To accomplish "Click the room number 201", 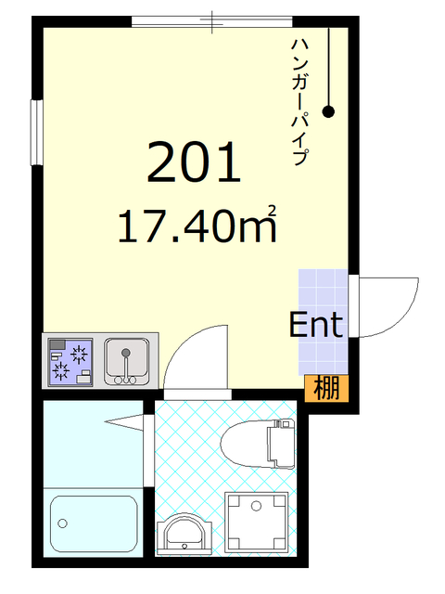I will [x=194, y=163].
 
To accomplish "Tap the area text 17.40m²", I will [x=197, y=226].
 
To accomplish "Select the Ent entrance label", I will [x=316, y=325].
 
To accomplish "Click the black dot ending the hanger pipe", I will [x=328, y=113].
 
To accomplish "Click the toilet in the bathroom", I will [x=261, y=441].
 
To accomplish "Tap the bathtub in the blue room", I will [x=94, y=523].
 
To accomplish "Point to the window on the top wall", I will [x=212, y=20].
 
